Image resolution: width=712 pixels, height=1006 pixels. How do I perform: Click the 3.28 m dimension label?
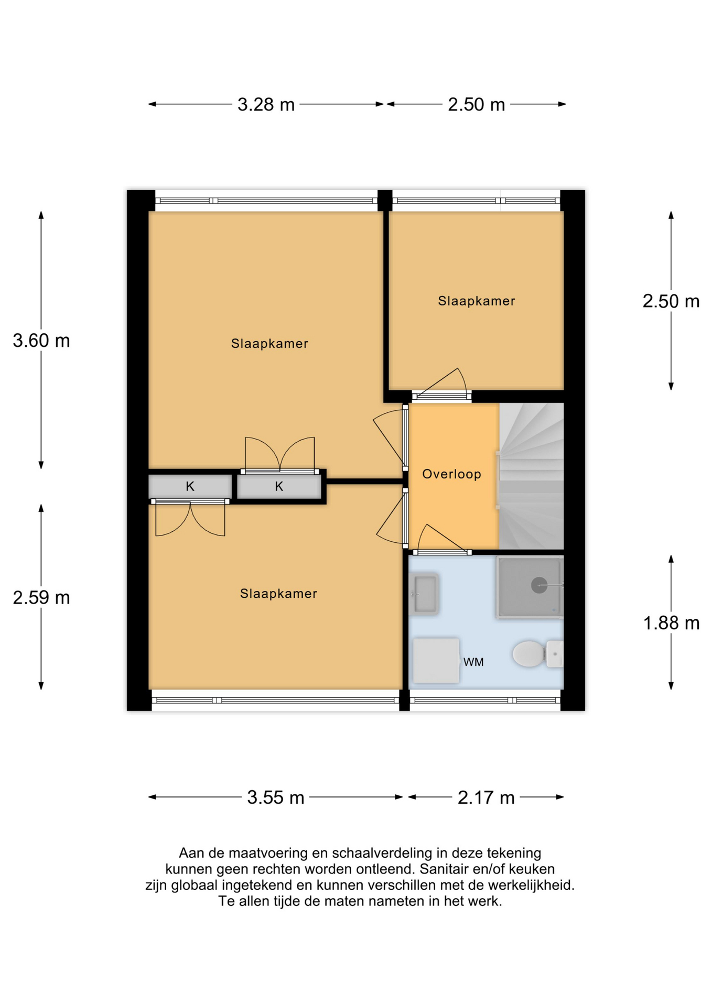click(265, 105)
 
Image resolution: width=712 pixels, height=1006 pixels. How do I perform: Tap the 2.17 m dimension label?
click(486, 797)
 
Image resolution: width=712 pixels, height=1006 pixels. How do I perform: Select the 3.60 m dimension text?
click(41, 341)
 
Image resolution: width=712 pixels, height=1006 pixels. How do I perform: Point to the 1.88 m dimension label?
click(671, 623)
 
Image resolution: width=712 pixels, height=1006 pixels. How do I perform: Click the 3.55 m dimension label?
click(275, 797)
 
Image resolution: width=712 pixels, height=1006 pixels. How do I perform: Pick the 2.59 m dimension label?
click(41, 598)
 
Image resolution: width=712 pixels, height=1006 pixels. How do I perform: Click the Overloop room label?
click(451, 474)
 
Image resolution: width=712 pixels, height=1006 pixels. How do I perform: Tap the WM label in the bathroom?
click(473, 662)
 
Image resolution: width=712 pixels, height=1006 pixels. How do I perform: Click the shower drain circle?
click(539, 585)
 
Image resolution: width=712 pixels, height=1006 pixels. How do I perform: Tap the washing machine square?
click(436, 660)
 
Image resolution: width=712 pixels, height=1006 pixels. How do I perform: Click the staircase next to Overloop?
click(531, 476)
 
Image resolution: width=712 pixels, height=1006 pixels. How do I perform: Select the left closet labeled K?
click(190, 487)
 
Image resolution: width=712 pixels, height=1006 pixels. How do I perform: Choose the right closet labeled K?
click(279, 487)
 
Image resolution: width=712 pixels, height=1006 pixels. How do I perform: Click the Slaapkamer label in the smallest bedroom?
click(476, 301)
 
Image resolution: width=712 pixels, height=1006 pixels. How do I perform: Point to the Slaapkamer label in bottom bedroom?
click(278, 594)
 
